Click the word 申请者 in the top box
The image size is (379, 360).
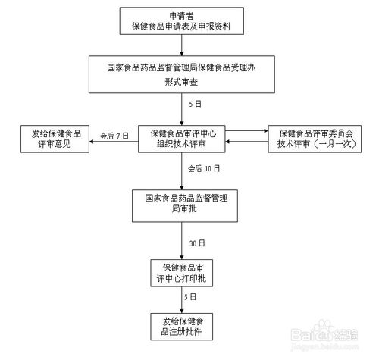[x=181, y=15]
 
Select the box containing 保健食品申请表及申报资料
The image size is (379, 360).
[x=181, y=21]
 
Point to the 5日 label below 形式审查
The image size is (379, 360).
[x=194, y=104]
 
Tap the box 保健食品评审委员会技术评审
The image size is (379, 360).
[x=312, y=137]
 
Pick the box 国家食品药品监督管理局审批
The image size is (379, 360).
[x=182, y=203]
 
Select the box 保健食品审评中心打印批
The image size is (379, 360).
[x=182, y=273]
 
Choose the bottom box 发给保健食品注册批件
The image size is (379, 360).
[x=182, y=327]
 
